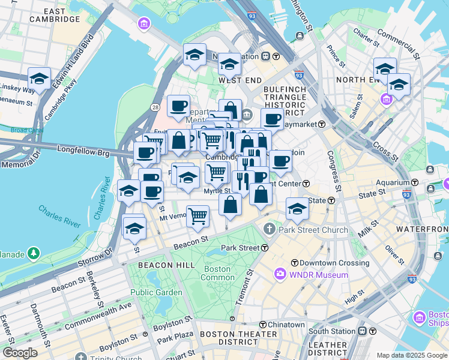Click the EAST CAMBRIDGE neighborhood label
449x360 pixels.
tap(55, 15)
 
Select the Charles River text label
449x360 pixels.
tap(59, 216)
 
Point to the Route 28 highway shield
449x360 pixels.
tap(155, 107)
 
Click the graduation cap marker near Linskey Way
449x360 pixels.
tap(39, 79)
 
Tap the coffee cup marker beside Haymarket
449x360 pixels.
tap(272, 119)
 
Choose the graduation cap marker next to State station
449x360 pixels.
tap(297, 208)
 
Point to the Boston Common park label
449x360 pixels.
tap(217, 273)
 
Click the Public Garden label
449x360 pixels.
tap(157, 292)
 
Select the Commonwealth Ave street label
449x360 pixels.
tap(98, 315)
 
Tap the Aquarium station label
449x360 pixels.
tap(393, 182)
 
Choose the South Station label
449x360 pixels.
tap(332, 331)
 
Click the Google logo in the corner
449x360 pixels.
tap(20, 353)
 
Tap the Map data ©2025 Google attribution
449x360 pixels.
tap(411, 355)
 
